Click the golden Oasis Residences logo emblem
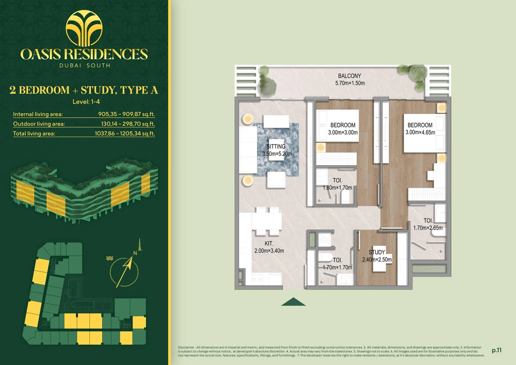84,28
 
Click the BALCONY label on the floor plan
350,76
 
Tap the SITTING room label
276,146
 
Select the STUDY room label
377,252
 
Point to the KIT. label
269,243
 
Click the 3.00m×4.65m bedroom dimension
420,132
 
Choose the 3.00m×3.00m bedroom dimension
343,132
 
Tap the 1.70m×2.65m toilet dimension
428,228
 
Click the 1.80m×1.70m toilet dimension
337,188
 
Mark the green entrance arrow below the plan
293,302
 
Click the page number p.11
497,350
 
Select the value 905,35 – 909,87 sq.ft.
126,114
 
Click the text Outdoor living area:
39,124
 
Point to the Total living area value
125,133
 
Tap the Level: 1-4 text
86,102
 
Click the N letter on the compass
135,253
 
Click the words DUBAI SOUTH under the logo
85,65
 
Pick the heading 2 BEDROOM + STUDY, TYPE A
84,90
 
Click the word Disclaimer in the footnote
186,347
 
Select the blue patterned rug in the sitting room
276,150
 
